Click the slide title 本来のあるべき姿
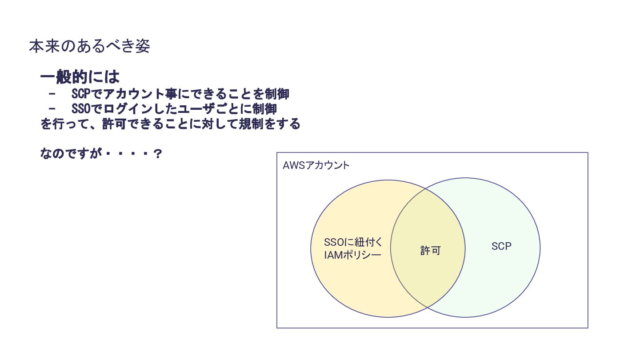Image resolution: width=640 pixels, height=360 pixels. [89, 46]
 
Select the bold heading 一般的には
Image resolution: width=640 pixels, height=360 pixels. [80, 77]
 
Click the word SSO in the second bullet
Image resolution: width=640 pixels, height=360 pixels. [80, 109]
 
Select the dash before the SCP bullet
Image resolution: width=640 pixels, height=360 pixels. [52, 94]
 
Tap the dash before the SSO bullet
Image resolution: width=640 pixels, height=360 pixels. [52, 109]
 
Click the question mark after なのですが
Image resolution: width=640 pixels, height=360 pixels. [157, 154]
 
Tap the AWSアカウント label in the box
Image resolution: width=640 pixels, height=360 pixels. [316, 166]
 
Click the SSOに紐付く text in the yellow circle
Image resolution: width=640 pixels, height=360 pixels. [353, 243]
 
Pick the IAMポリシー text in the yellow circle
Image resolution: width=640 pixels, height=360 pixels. [352, 256]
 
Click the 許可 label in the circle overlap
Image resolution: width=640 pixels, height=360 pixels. [430, 251]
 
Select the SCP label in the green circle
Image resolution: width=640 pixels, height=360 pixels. [501, 246]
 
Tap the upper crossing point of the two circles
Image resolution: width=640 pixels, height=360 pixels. [426, 189]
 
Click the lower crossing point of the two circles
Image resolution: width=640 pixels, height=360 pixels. [427, 308]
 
